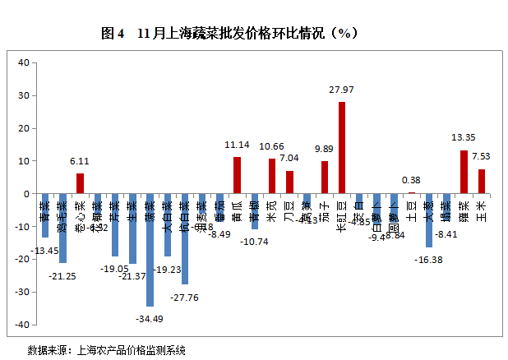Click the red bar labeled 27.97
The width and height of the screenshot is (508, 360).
click(x=342, y=148)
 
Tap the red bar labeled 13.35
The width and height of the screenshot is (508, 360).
click(x=464, y=173)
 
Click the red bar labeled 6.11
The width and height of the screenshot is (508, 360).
click(x=81, y=184)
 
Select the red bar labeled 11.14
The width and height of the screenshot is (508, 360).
click(x=237, y=176)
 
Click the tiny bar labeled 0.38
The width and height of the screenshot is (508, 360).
click(x=411, y=193)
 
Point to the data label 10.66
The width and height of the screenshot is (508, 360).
click(x=271, y=146)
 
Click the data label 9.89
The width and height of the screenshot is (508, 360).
click(x=325, y=149)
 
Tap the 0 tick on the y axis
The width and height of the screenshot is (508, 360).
click(x=26, y=194)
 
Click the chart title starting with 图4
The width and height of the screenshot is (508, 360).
click(x=229, y=34)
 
